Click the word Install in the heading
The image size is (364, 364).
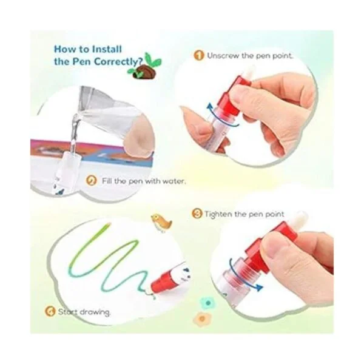107,49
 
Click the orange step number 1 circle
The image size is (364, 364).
199,55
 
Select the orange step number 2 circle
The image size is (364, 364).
92,181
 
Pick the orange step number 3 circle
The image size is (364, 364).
197,214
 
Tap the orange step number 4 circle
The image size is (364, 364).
50,312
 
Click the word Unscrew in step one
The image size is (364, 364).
223,56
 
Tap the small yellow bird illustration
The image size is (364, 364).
161,223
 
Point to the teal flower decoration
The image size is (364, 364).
207,303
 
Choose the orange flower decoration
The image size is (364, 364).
202,319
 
